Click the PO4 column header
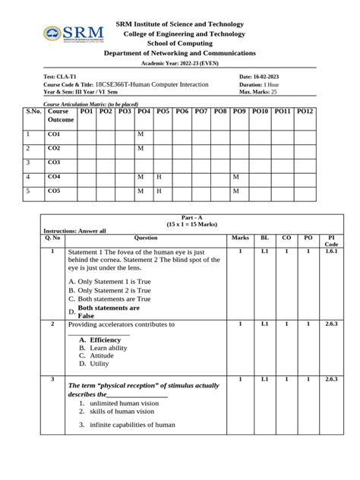coord(144,112)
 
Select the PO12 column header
coord(305,112)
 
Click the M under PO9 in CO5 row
coord(235,191)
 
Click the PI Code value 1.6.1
coord(331,251)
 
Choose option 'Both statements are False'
coord(109,311)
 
